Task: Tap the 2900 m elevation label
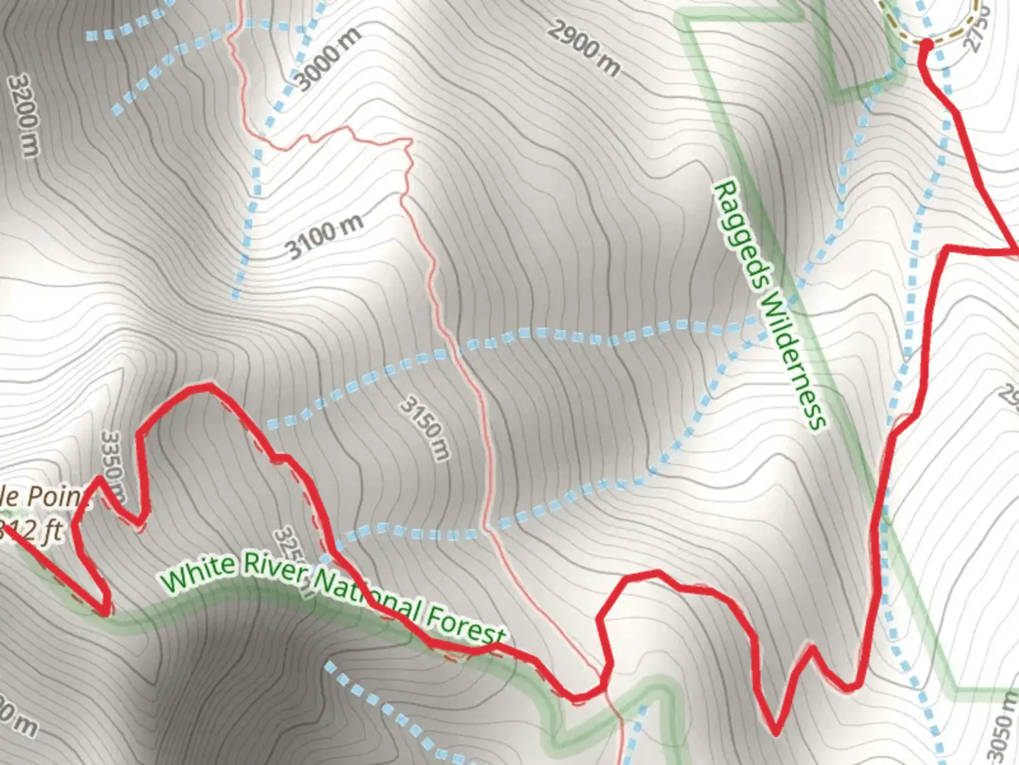click(x=584, y=48)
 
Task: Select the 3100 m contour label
click(x=325, y=237)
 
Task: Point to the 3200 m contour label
click(x=23, y=115)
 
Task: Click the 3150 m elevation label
click(x=425, y=428)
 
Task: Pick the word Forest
click(x=466, y=624)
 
